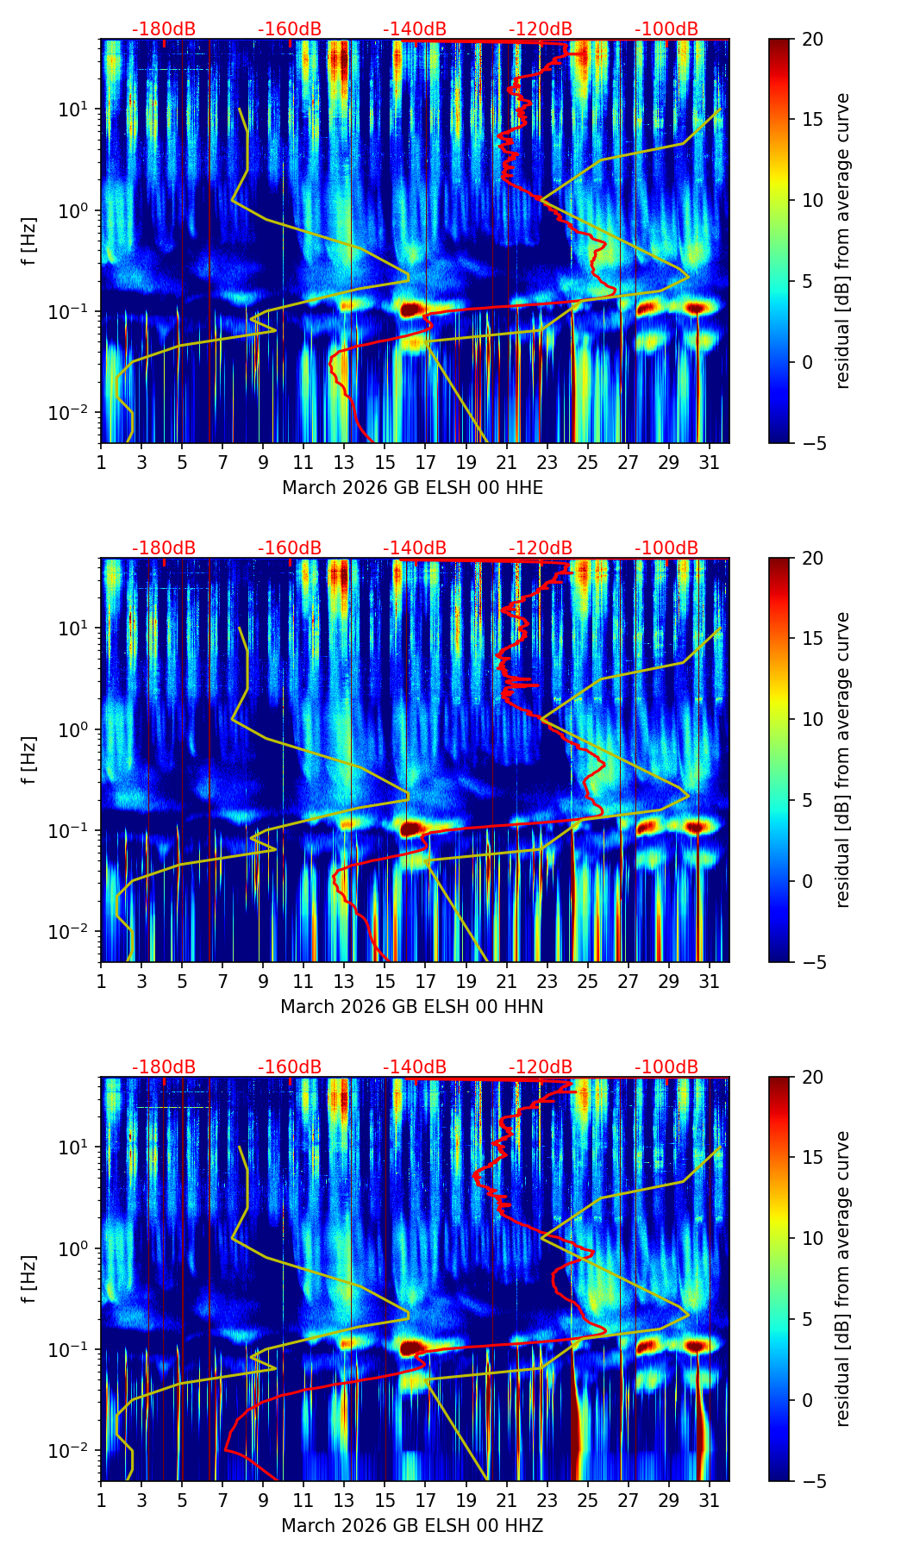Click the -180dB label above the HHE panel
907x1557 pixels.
[x=164, y=29]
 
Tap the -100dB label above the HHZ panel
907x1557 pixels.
[x=666, y=1067]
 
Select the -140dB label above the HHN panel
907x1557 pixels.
[x=415, y=548]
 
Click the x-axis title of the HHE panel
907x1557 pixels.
[x=412, y=488]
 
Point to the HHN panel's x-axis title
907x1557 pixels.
[x=411, y=1007]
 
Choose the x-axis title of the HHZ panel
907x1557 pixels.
[x=411, y=1526]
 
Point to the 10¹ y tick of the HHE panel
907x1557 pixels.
[x=78, y=109]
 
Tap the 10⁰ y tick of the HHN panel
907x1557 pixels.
[x=78, y=729]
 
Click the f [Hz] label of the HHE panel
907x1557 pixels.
[x=29, y=241]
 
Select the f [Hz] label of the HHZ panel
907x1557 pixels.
[x=29, y=1279]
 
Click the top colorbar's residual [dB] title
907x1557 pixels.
[x=843, y=241]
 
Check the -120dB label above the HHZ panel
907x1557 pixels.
[x=541, y=1067]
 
